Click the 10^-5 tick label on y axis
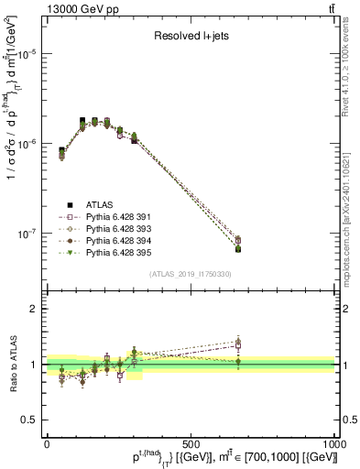tap(28, 54)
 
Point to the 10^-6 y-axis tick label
tap(28, 144)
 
